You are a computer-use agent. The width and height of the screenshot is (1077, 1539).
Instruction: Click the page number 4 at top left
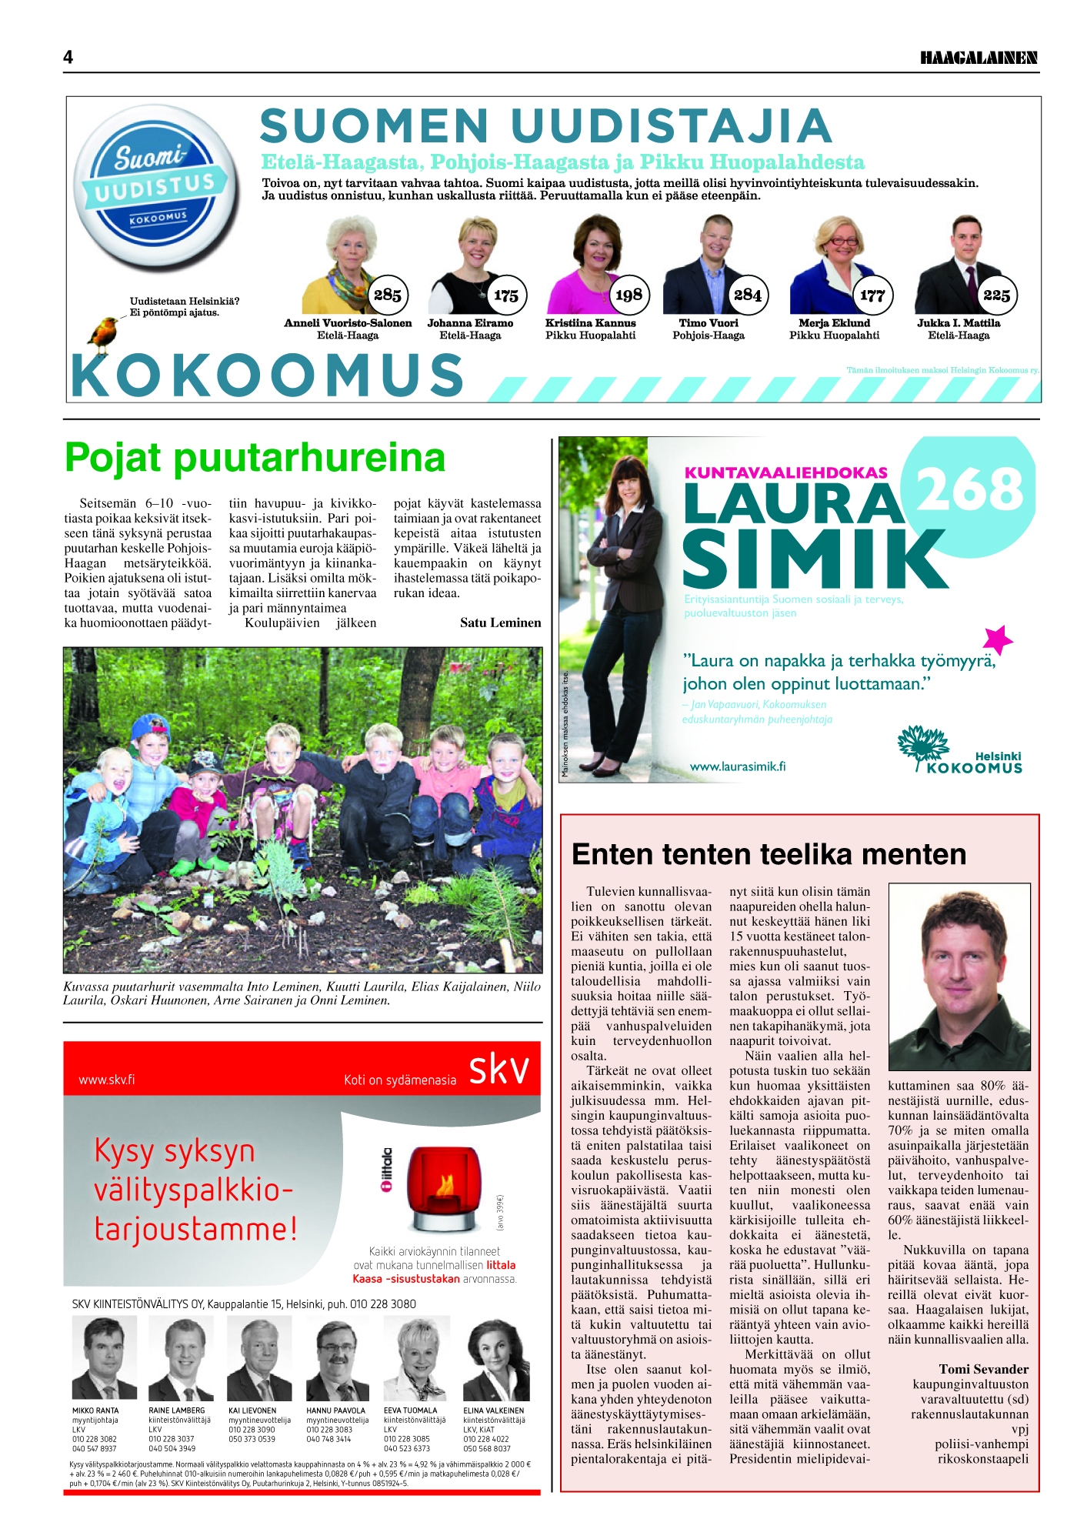point(68,57)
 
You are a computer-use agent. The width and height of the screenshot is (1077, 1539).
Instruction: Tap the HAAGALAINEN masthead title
point(979,58)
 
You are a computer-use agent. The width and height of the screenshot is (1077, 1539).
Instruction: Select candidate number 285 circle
point(387,295)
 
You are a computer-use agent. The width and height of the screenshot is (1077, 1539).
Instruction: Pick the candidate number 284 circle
point(747,295)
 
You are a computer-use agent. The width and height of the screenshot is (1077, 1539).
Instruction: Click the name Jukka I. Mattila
point(958,323)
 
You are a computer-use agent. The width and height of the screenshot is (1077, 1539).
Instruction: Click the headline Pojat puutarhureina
point(255,457)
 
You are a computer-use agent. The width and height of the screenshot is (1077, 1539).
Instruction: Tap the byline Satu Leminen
point(500,623)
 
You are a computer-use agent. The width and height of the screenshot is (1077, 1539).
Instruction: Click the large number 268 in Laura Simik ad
point(971,489)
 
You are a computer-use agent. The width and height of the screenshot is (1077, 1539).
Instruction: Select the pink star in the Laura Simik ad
point(997,639)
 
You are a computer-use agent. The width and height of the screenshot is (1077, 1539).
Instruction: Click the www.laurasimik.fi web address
point(737,766)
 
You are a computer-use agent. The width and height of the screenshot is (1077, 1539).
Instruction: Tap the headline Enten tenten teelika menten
point(769,854)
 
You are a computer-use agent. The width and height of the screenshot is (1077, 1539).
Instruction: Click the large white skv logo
point(498,1070)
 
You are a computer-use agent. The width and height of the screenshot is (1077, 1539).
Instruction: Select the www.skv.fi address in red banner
point(107,1080)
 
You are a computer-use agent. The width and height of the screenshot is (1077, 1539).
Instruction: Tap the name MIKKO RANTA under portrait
point(95,1410)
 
